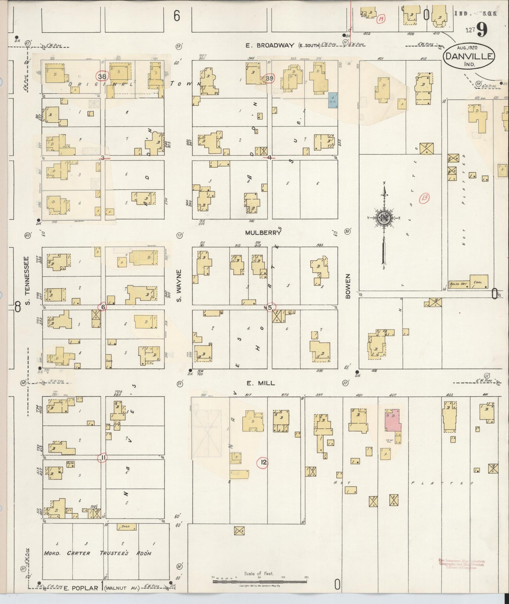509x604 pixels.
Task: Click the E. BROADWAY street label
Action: [270, 45]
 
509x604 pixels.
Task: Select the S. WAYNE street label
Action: [179, 286]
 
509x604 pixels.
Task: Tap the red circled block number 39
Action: [269, 78]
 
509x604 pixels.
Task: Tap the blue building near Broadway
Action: [333, 100]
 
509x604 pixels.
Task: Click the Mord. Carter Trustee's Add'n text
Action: [98, 553]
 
